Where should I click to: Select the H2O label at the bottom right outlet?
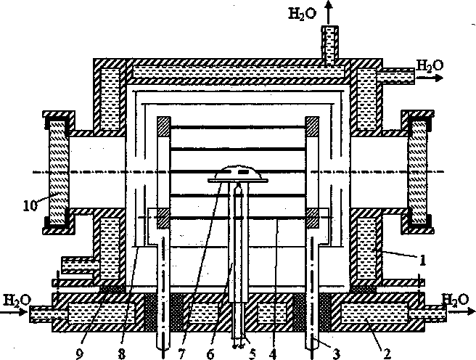click(x=456, y=298)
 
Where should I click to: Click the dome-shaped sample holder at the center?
click(x=237, y=173)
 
